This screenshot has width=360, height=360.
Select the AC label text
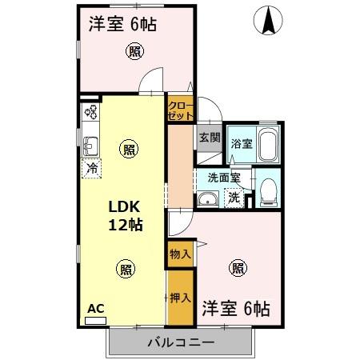(x=95, y=308)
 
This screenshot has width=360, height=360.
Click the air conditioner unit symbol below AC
(x=95, y=319)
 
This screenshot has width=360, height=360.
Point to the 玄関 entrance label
(x=209, y=137)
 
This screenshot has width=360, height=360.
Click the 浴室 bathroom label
(x=241, y=145)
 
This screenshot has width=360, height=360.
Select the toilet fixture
(x=268, y=189)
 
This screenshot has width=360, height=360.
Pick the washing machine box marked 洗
(x=233, y=197)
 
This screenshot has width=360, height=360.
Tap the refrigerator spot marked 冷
(x=92, y=169)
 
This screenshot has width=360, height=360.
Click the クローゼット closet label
(x=179, y=110)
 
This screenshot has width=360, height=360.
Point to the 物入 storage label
(x=180, y=254)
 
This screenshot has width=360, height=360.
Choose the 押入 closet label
(x=180, y=298)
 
